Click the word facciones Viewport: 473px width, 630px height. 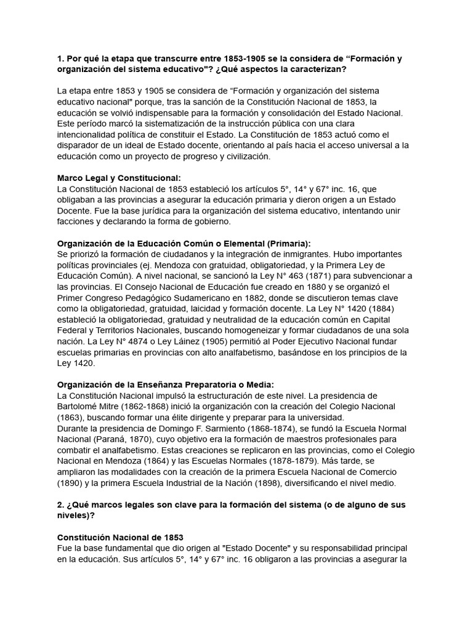coord(76,221)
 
